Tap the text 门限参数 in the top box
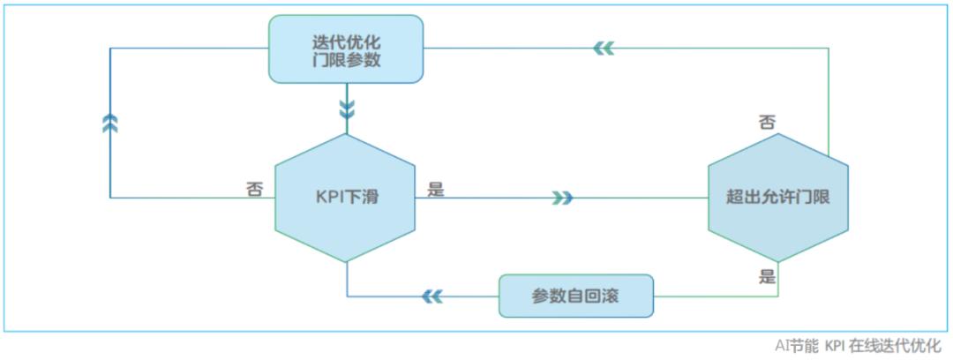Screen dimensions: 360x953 click(x=346, y=62)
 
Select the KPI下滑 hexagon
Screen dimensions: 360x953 click(x=346, y=197)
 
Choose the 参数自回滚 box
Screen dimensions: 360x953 click(x=575, y=296)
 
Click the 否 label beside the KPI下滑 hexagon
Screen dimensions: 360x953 click(x=254, y=188)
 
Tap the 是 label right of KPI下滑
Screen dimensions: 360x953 click(x=435, y=188)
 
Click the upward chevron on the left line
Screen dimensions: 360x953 click(x=110, y=124)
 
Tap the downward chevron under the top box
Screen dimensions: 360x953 click(x=347, y=109)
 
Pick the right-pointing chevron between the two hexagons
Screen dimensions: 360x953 click(x=562, y=198)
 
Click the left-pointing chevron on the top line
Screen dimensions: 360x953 click(x=604, y=49)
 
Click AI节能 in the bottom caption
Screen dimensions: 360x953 click(x=797, y=346)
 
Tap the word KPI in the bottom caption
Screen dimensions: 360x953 click(x=837, y=346)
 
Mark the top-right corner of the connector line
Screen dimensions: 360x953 click(x=829, y=49)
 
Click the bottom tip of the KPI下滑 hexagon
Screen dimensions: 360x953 click(x=347, y=262)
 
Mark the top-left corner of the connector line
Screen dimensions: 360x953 click(x=110, y=49)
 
